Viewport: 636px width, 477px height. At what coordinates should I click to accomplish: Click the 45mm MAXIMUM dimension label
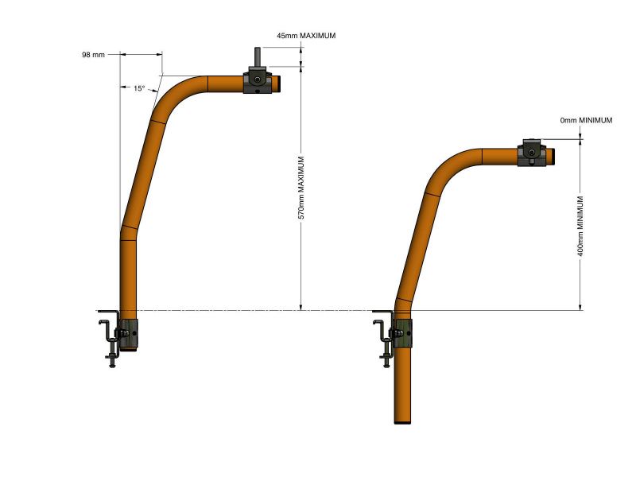306,36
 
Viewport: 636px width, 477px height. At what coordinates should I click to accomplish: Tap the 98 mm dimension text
93,55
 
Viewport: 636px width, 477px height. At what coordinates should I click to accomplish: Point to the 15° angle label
139,88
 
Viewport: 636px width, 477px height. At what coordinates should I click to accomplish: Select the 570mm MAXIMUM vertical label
301,188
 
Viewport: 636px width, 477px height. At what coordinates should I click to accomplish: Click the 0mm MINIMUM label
586,121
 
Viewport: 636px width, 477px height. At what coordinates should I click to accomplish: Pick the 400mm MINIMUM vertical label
580,227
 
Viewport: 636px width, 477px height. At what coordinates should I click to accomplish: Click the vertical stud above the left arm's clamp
257,59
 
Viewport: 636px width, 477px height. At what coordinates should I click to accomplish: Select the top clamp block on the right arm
532,153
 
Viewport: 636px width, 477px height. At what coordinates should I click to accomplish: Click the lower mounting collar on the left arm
129,335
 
